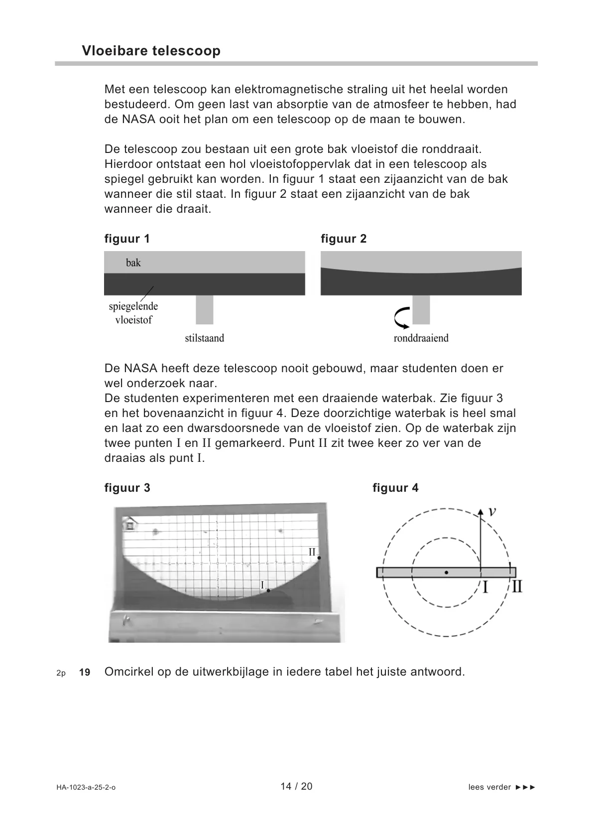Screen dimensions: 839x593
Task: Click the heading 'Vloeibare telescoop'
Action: [x=151, y=51]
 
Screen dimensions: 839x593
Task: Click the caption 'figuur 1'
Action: [x=127, y=239]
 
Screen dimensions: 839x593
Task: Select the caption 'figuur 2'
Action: [x=344, y=239]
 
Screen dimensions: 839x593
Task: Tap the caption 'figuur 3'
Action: [x=127, y=488]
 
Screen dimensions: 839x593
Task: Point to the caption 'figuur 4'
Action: [x=395, y=488]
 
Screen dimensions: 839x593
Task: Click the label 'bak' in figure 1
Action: [x=133, y=263]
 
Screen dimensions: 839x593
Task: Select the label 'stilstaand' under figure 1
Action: [x=205, y=338]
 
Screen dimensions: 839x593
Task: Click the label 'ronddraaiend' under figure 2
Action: [x=421, y=338]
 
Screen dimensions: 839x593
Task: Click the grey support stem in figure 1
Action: [x=205, y=309]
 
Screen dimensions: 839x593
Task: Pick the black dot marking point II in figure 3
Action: [x=319, y=558]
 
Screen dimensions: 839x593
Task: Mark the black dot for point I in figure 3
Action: [x=268, y=590]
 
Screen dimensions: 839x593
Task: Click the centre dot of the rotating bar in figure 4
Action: [x=446, y=573]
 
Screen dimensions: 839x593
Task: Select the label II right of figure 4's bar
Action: [x=517, y=586]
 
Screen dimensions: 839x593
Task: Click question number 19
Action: [x=85, y=673]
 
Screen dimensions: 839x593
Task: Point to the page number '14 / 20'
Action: [x=296, y=786]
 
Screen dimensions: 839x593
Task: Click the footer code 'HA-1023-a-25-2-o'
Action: [x=86, y=788]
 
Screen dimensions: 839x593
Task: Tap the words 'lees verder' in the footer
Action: [x=489, y=787]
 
